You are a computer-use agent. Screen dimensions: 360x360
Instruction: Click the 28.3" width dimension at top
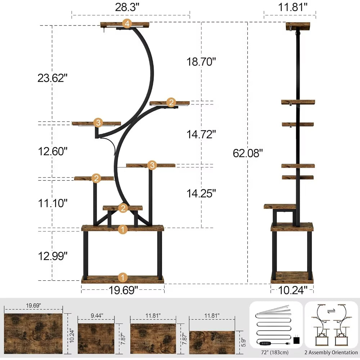[127, 8]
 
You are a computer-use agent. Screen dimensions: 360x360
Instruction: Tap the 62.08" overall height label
[248, 153]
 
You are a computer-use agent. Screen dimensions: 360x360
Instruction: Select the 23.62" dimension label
[53, 78]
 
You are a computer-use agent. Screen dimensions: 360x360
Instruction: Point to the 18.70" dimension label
[201, 62]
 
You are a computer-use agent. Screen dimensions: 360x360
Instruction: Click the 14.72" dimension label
[201, 134]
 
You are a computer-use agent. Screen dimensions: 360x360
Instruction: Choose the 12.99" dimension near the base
[53, 256]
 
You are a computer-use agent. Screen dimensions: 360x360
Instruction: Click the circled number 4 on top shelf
[127, 24]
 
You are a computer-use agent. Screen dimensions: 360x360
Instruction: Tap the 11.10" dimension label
[53, 203]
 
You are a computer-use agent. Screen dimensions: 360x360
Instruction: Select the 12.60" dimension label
[53, 152]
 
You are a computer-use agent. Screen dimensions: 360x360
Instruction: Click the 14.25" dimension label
[201, 193]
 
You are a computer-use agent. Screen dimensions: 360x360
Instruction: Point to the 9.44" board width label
[95, 315]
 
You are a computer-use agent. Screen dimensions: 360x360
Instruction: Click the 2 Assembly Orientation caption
[332, 352]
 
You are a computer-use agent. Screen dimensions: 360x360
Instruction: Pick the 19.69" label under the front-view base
[123, 290]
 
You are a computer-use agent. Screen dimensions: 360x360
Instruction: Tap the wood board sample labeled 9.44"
[96, 338]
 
